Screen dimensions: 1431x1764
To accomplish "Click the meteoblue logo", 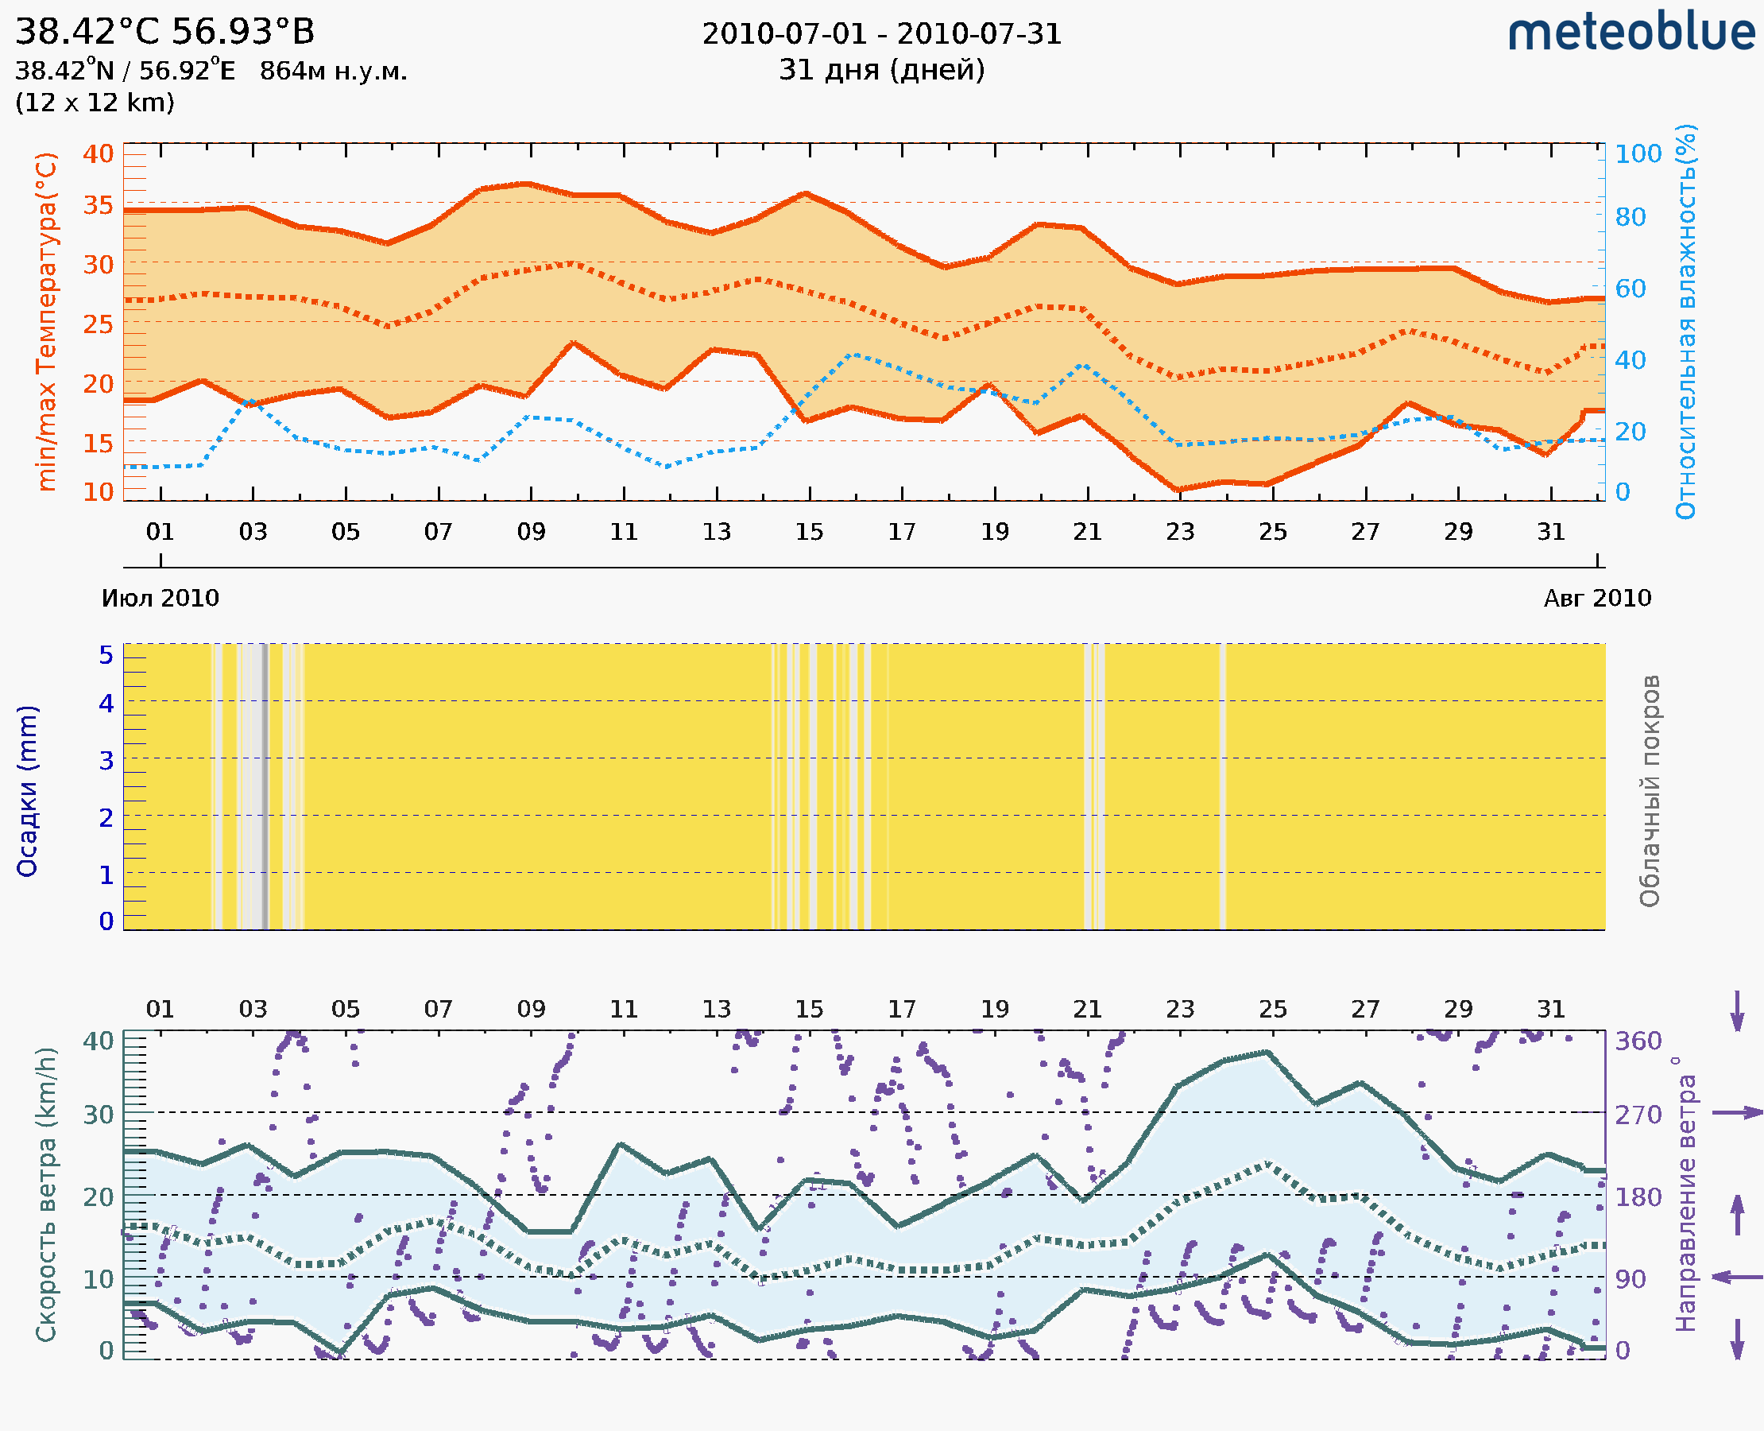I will [x=1631, y=33].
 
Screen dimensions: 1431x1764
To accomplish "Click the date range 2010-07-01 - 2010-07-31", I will [x=881, y=34].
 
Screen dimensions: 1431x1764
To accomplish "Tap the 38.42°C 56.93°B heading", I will [x=164, y=32].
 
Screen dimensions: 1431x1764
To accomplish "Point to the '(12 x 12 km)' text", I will [x=95, y=103].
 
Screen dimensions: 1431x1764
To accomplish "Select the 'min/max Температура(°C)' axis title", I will [x=47, y=321].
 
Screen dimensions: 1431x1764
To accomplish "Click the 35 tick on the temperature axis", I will [x=98, y=204].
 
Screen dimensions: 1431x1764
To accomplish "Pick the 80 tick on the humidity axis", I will [x=1630, y=218].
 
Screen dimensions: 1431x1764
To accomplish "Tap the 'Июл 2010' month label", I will [x=160, y=598].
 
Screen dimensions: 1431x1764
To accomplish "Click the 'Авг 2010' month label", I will [x=1597, y=598].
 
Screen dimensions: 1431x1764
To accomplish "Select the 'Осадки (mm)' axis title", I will [x=27, y=791].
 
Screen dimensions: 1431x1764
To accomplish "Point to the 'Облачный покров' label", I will [x=1650, y=791].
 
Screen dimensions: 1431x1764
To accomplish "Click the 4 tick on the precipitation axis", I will [x=106, y=703].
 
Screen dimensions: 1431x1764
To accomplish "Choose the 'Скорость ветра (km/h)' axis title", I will [x=46, y=1194].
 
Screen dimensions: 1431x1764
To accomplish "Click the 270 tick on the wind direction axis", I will [x=1638, y=1115].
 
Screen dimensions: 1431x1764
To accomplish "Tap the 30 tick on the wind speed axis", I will [x=98, y=1115].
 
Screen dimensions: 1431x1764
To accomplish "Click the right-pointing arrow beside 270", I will [x=1737, y=1113].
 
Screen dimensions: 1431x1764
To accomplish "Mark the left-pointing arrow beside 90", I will [x=1737, y=1278].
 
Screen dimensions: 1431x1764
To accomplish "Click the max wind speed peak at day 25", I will [x=1268, y=1052].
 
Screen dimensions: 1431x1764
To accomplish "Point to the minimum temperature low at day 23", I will [x=1179, y=490].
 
